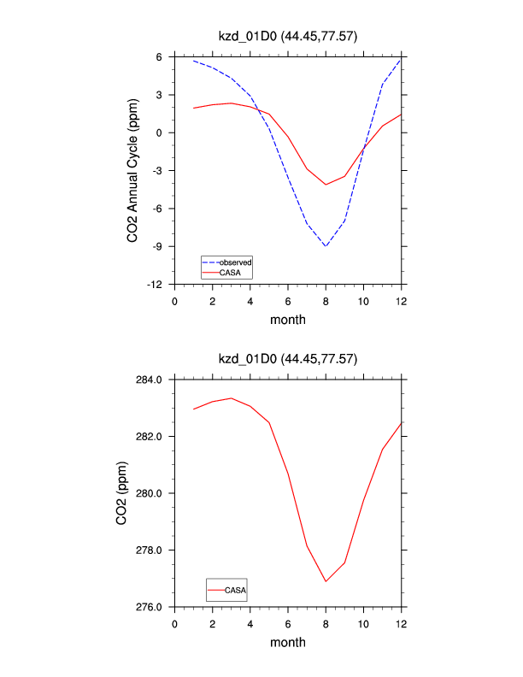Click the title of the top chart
click(287, 35)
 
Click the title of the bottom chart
click(287, 359)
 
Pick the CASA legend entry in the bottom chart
click(236, 590)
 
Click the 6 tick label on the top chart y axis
click(159, 56)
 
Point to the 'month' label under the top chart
click(287, 320)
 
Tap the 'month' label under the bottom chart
click(287, 642)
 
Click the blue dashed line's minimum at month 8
click(326, 246)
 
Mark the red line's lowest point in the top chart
click(326, 185)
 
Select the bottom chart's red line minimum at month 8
click(326, 581)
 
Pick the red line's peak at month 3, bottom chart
click(232, 398)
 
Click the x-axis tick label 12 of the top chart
click(401, 301)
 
